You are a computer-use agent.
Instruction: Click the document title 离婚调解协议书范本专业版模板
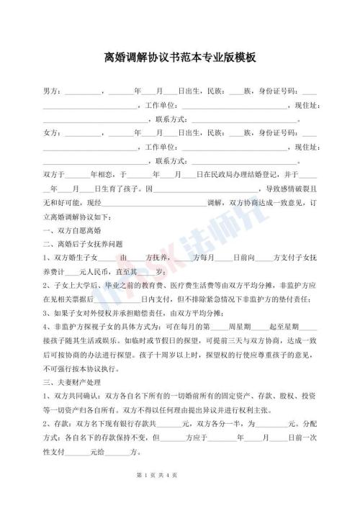[180, 57]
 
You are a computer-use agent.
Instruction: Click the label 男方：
[53, 92]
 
